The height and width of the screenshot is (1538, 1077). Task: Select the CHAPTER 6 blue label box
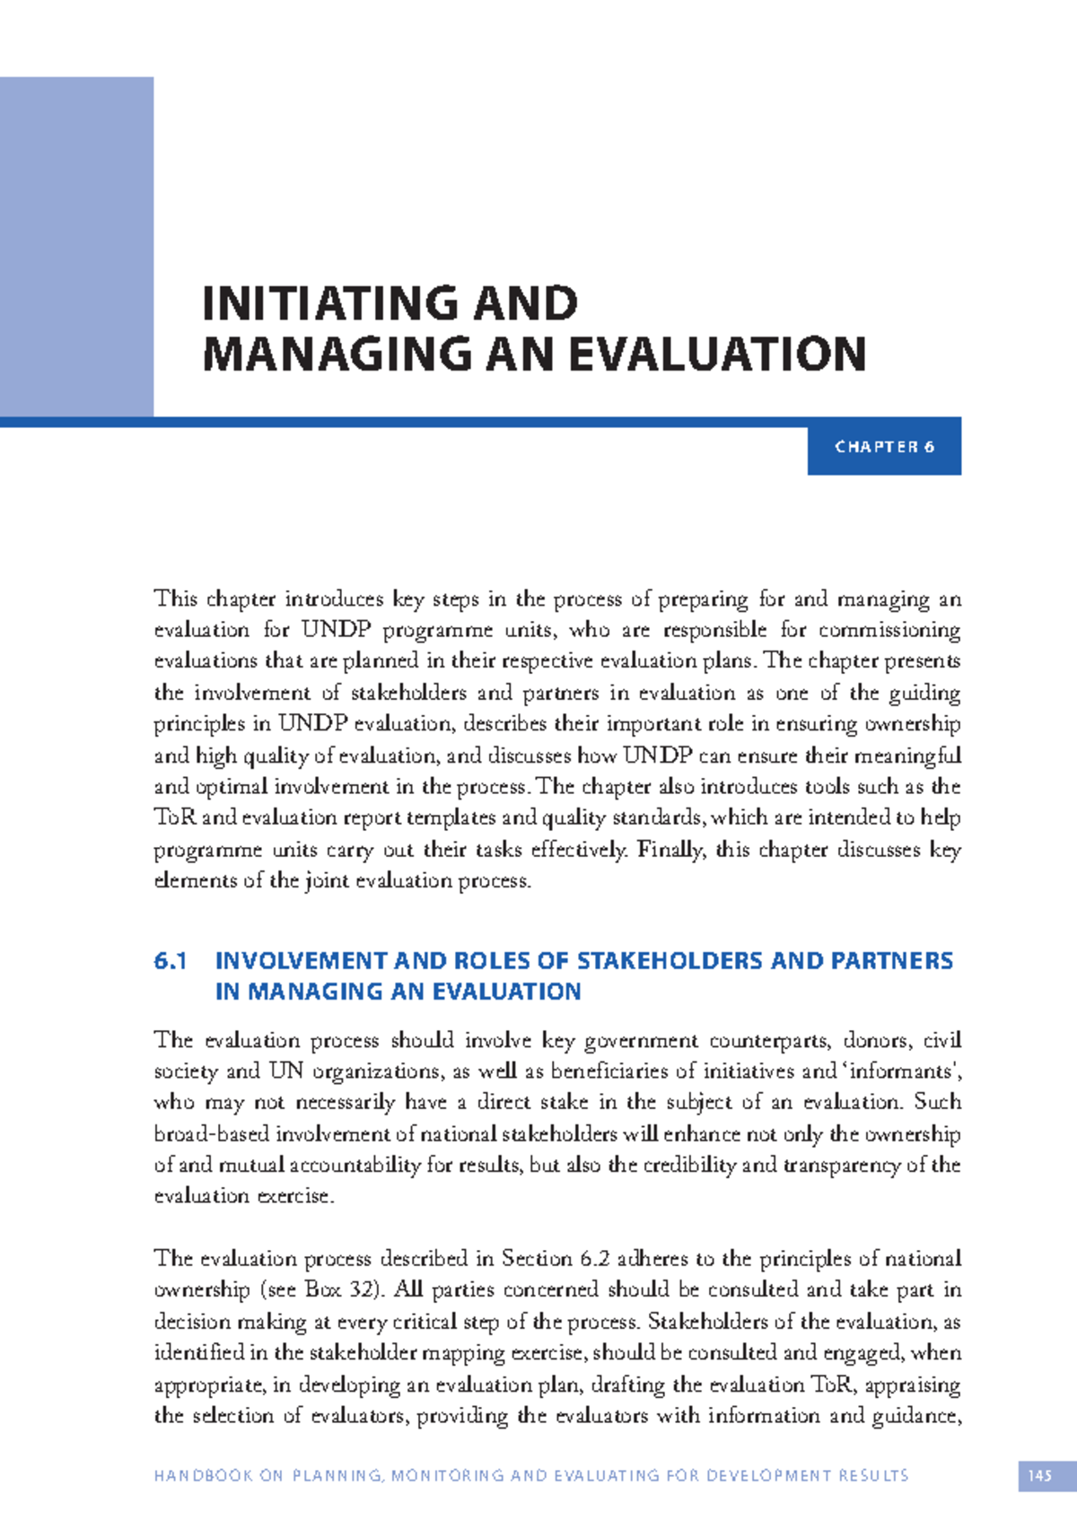(884, 447)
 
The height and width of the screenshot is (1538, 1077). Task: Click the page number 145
(1039, 1476)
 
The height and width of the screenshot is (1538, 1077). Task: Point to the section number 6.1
(170, 961)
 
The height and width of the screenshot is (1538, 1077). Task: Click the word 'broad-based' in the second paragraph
(212, 1134)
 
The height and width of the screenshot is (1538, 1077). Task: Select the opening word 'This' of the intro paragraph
(175, 599)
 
